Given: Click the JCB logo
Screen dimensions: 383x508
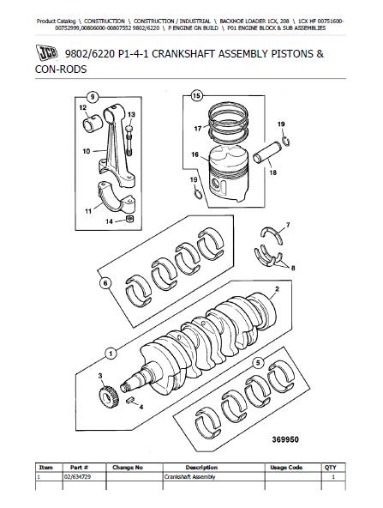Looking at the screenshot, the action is tap(46, 52).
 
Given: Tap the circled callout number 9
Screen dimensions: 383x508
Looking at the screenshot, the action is tap(93, 97).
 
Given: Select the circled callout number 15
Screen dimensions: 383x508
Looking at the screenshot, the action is tap(197, 95).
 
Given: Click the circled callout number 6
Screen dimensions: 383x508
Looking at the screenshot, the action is tap(105, 283).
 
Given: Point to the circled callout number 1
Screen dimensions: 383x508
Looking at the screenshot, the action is tap(111, 354).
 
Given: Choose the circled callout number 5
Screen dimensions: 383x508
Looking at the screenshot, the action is tap(258, 363).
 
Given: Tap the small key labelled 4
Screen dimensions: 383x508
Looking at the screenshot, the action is tap(130, 400).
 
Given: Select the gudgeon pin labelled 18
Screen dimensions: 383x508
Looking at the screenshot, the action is tap(267, 152).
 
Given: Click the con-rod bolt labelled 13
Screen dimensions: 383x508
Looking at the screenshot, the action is tap(129, 141).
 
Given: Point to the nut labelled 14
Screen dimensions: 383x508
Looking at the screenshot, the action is tap(129, 219).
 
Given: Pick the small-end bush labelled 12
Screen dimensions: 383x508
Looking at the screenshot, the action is tap(93, 124).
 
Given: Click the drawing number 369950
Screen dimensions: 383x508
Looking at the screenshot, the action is tap(285, 439).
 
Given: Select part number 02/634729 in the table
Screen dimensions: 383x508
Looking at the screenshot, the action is tap(76, 477).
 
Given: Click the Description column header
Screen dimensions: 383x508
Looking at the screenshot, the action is tap(201, 468).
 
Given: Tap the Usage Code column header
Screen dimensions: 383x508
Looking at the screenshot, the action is tap(286, 468).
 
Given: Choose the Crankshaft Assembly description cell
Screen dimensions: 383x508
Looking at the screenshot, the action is tap(189, 477).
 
